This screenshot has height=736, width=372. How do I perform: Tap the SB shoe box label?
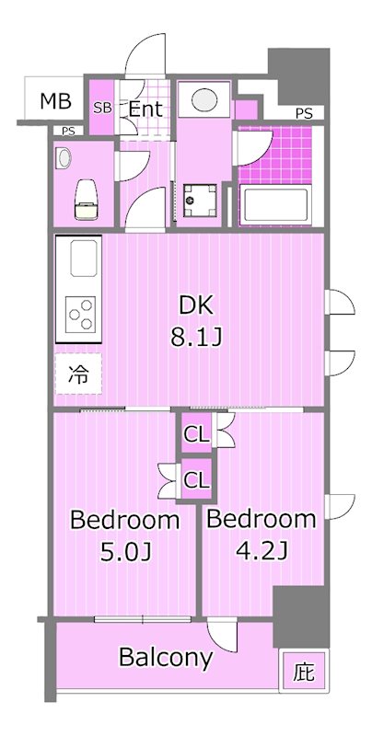coord(103,109)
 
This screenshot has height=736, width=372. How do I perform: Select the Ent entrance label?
coord(145,109)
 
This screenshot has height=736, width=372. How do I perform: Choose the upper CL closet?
coord(195,433)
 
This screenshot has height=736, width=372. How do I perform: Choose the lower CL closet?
coord(195,478)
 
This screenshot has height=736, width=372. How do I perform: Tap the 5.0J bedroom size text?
coord(124,553)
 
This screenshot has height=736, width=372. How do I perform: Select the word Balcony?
coord(166,657)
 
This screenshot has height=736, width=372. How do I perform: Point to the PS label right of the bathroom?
coord(303,113)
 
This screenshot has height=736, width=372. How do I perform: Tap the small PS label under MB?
coord(67,131)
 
